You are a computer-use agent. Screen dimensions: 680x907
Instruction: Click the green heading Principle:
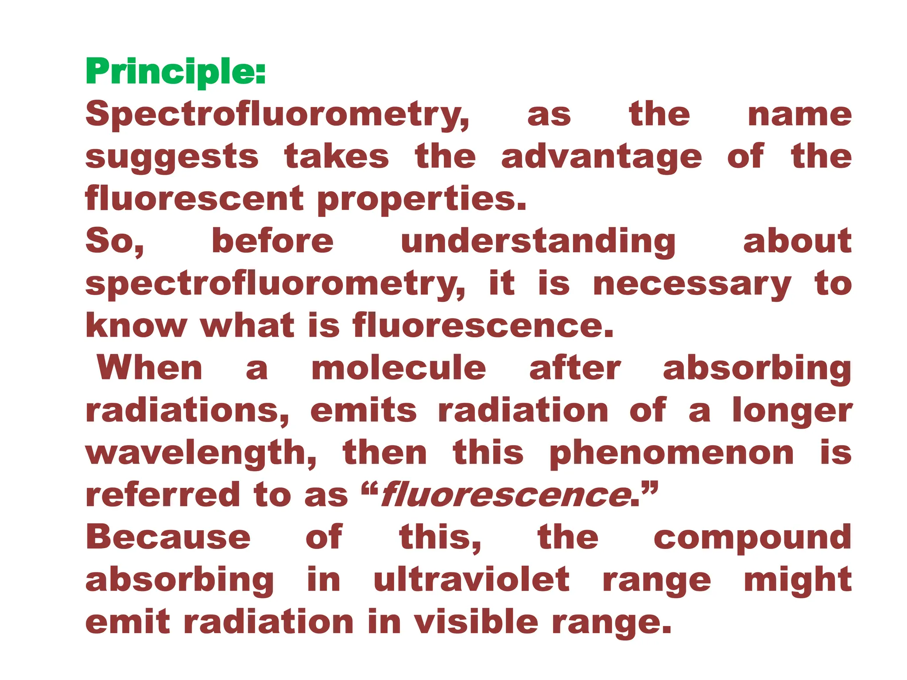[x=175, y=72]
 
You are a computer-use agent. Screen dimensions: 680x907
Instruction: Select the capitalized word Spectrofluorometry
[x=277, y=114]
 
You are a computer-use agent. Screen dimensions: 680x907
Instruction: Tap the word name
[x=799, y=114]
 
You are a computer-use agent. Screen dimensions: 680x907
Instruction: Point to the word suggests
[x=172, y=157]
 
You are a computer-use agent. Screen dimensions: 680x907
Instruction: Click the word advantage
[x=601, y=157]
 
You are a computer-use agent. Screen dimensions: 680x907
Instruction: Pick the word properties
[x=422, y=199]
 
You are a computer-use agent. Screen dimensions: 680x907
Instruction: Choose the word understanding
[x=538, y=242]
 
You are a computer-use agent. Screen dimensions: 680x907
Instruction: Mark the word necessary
[x=692, y=284]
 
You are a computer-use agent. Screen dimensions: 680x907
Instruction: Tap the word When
[x=150, y=368]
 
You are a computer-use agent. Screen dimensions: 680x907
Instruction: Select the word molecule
[x=399, y=368]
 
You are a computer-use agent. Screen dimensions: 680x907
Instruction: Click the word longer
[x=792, y=411]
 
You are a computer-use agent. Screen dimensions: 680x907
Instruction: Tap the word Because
[x=168, y=537]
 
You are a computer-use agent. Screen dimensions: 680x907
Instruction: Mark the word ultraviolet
[x=472, y=580]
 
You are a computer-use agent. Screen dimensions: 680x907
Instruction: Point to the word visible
[x=476, y=622]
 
